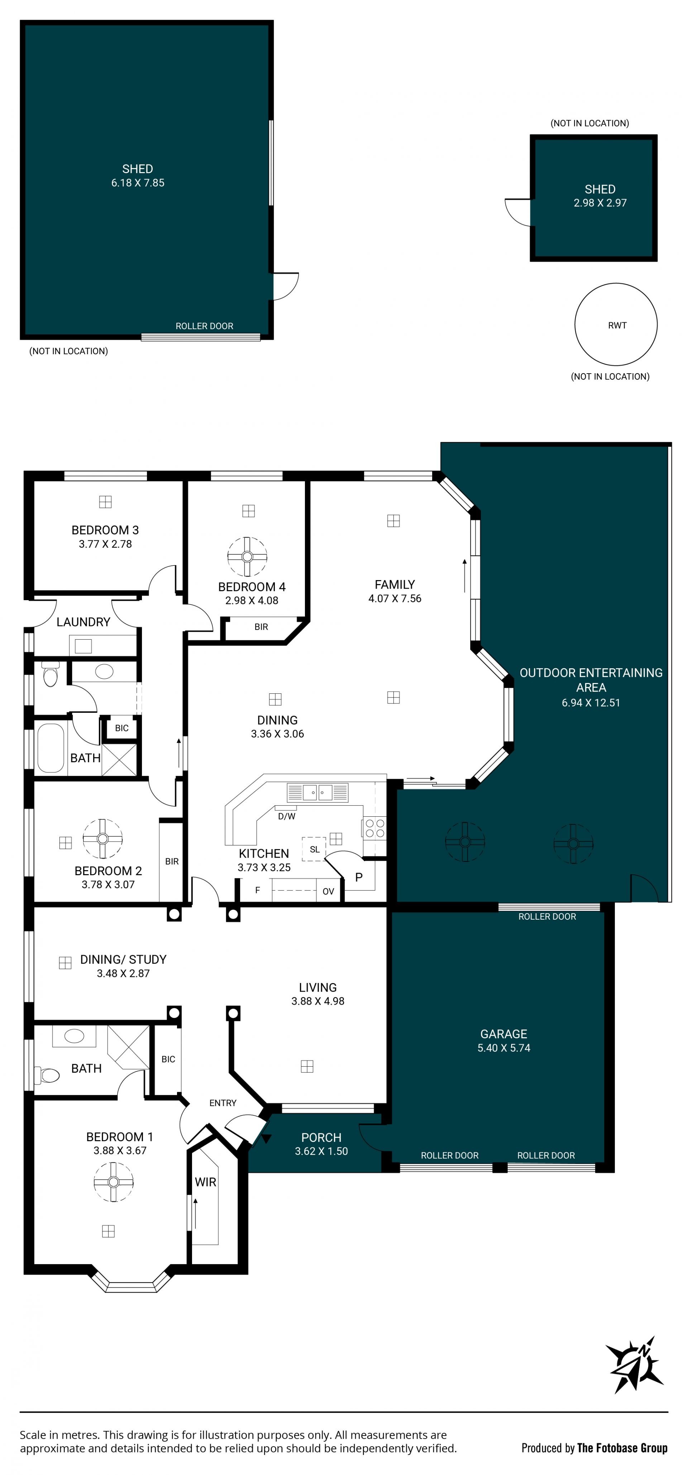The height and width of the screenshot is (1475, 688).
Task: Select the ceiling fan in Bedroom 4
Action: pyautogui.click(x=247, y=556)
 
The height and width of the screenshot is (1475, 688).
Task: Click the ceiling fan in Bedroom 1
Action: pyautogui.click(x=113, y=1182)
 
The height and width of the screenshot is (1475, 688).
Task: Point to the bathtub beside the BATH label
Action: pyautogui.click(x=51, y=748)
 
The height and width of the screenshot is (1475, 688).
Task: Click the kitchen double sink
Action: pyautogui.click(x=317, y=792)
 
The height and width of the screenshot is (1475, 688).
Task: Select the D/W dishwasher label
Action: pyautogui.click(x=287, y=816)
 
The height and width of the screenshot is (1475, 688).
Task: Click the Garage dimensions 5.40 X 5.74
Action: pyautogui.click(x=504, y=1048)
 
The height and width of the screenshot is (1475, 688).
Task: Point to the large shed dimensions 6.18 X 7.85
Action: pyautogui.click(x=138, y=182)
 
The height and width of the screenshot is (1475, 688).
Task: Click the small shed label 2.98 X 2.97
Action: pyautogui.click(x=600, y=203)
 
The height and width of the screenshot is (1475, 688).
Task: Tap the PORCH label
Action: pyautogui.click(x=321, y=1138)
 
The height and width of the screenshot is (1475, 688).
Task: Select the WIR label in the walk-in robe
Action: pyautogui.click(x=205, y=1182)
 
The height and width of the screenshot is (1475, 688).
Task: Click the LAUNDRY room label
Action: pyautogui.click(x=83, y=622)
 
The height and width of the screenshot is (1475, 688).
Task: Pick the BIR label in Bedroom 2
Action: pyautogui.click(x=172, y=861)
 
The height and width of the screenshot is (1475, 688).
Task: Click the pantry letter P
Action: pyautogui.click(x=359, y=877)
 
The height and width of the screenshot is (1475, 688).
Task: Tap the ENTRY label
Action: pyautogui.click(x=223, y=1103)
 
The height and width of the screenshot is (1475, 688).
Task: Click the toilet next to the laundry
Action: pyautogui.click(x=51, y=674)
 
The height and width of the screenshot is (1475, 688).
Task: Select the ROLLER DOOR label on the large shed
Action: pyautogui.click(x=204, y=326)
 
